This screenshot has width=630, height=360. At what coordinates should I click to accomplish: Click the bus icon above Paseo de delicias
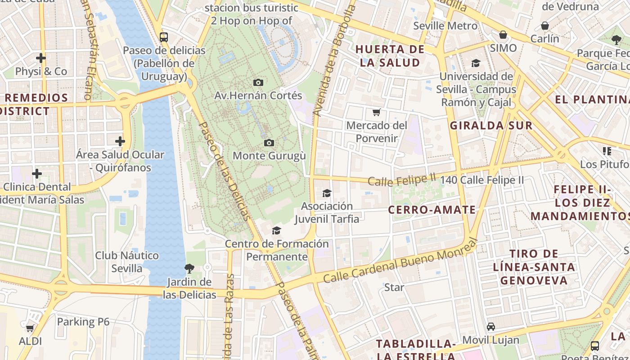pos(164,37)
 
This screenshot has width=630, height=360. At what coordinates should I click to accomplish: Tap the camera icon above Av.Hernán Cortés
pos(258,82)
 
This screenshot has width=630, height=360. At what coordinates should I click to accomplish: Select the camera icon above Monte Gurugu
pos(269,143)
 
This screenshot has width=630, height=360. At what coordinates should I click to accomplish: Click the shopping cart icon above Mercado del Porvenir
pos(376,112)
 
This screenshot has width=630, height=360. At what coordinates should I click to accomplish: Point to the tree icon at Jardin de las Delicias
pos(189,269)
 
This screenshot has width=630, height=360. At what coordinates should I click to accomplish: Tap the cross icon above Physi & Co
pos(41,58)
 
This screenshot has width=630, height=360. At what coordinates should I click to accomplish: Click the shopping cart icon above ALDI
pos(30,328)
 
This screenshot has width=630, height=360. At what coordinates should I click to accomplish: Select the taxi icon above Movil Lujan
pos(491,327)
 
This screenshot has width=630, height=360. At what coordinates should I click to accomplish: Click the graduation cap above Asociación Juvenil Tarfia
pos(327,193)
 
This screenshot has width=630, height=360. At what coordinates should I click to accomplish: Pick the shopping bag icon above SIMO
pos(503,35)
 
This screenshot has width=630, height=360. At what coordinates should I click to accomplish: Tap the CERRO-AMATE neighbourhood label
pos(432,210)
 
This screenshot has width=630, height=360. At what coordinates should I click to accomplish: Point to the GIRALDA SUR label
pos(491,126)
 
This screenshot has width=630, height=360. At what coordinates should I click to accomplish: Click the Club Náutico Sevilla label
pos(126,262)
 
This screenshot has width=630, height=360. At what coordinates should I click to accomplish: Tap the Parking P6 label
pos(83,322)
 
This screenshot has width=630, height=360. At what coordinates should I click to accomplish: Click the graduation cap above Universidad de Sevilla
pos(476,63)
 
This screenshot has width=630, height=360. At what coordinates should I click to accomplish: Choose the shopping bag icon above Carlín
pos(545,26)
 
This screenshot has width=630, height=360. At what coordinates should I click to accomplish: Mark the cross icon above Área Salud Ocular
pos(120,141)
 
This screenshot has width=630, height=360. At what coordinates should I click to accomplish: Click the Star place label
pos(394,287)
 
